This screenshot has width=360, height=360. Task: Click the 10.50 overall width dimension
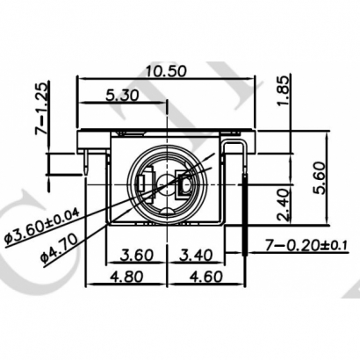167,71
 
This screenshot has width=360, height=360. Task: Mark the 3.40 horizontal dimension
198,256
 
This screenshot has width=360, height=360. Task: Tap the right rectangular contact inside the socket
186,184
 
